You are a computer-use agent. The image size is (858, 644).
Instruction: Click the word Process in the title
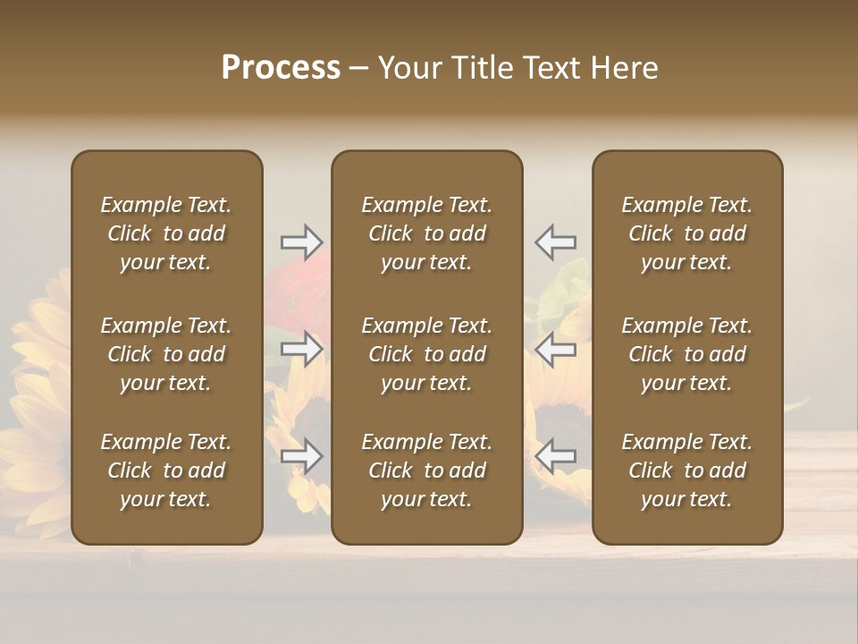click(x=281, y=68)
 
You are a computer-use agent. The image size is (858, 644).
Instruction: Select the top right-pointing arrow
click(x=301, y=241)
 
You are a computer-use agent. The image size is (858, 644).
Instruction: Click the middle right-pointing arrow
click(x=301, y=349)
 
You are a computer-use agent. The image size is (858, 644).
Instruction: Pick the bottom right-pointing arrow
click(x=301, y=457)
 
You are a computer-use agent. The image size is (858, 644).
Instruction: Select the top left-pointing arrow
click(x=556, y=241)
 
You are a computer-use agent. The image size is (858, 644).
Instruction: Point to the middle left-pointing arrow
click(x=556, y=349)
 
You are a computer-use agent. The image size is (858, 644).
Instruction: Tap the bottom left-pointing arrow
click(x=556, y=457)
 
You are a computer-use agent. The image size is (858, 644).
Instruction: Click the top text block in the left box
click(x=166, y=233)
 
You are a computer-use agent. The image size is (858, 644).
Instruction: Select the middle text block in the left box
click(x=166, y=354)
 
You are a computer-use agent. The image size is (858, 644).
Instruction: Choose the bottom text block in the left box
click(x=166, y=470)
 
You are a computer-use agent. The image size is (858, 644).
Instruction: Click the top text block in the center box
click(x=427, y=233)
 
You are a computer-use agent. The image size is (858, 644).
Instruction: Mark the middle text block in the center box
click(x=427, y=354)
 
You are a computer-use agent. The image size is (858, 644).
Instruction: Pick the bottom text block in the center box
click(x=427, y=470)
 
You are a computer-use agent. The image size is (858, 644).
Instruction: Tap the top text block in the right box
click(x=687, y=233)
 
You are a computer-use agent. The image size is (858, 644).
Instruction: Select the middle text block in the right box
click(x=687, y=354)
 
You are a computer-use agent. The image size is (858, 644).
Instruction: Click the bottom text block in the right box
click(x=687, y=470)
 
